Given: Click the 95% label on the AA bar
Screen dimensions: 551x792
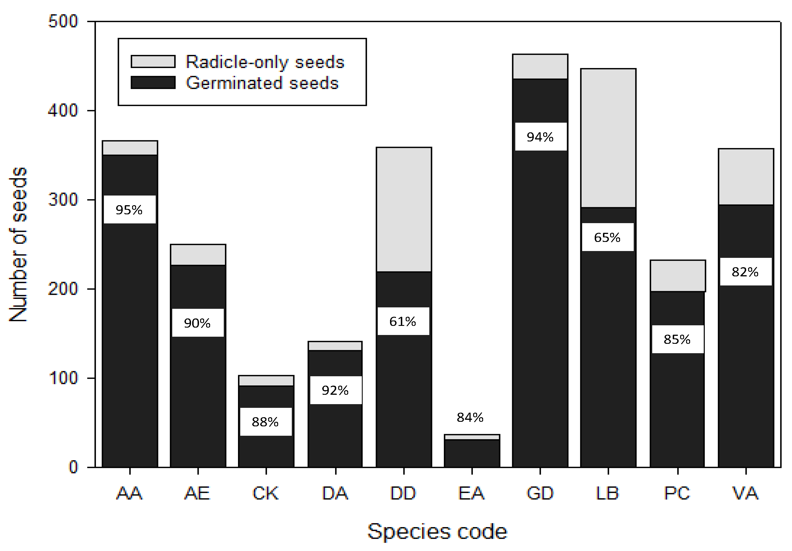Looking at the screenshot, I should pos(129,210).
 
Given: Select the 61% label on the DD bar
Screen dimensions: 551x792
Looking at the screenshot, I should pos(403,321).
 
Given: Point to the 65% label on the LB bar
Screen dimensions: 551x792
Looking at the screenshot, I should pos(607,237).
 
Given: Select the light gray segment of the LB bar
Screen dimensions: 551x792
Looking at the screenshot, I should pos(608,138).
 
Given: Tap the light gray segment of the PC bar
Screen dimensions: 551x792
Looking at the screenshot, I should pos(678,276).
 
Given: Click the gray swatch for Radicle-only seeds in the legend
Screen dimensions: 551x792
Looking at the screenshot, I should pos(153,61).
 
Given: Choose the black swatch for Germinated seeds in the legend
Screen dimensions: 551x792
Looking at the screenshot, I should pos(153,83).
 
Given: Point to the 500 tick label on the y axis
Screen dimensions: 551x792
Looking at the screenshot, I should pos(63,21).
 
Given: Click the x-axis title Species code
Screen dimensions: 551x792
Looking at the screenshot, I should pos(437,531).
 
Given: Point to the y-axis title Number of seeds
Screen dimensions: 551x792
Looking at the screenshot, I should pos(18,244).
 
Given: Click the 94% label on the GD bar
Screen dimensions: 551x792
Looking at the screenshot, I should pos(540,137).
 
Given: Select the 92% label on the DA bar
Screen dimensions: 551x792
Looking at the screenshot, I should pos(335,390).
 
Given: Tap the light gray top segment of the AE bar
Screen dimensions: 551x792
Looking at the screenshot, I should pos(198,255).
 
